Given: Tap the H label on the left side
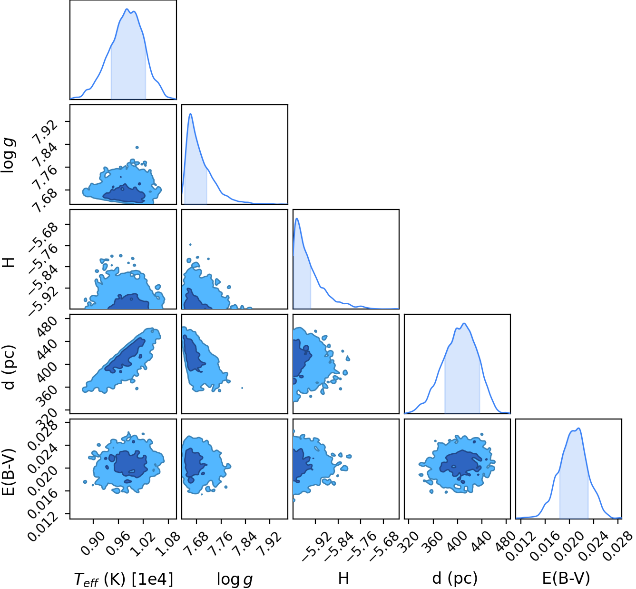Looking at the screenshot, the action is (9, 262).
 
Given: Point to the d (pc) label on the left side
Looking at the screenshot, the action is (9, 368).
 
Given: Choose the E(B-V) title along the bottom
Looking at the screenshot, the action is (566, 579).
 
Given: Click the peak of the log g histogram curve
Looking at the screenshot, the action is (191, 113).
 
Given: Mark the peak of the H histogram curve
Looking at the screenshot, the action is (297, 219).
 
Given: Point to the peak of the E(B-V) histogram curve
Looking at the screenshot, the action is (578, 428).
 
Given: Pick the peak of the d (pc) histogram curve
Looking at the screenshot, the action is (464, 323).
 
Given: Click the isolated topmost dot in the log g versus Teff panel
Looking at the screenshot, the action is (137, 148).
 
